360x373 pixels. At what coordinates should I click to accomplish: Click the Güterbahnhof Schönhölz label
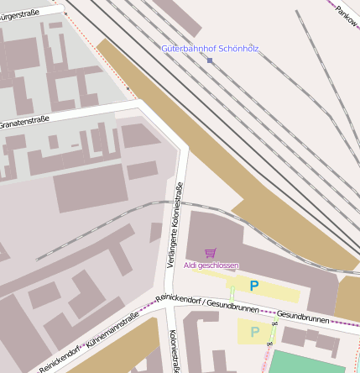[x=210, y=49]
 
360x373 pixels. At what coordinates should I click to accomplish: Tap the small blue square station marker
[x=210, y=60]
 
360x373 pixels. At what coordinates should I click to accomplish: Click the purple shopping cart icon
[x=211, y=252]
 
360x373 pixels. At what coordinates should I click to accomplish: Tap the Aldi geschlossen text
[x=211, y=265]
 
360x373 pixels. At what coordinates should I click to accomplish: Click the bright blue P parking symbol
[x=254, y=286]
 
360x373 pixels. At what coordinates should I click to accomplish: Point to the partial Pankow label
[x=345, y=14]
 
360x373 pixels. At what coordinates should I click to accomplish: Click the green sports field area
[x=310, y=362]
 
